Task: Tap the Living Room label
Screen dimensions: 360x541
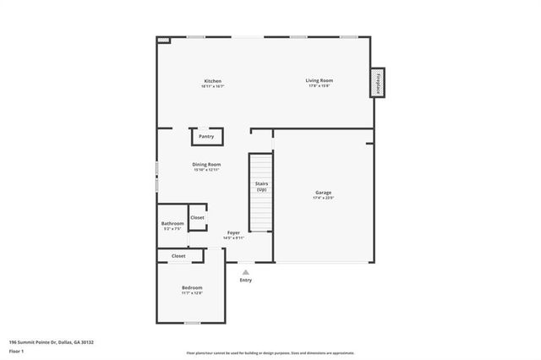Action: point(319,80)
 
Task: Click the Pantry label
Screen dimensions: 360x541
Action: point(206,136)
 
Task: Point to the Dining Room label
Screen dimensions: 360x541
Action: point(206,164)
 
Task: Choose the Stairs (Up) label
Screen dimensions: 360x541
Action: point(261,186)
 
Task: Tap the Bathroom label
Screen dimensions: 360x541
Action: point(172,223)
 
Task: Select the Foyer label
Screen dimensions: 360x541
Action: point(232,232)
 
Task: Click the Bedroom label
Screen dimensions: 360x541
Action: point(192,287)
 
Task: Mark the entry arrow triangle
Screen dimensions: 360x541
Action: point(246,272)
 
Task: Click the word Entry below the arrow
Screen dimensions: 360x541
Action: point(246,281)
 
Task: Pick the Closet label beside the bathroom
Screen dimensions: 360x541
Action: point(197,217)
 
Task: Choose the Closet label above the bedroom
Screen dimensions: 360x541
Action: point(178,255)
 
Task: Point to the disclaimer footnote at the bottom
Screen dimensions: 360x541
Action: point(270,352)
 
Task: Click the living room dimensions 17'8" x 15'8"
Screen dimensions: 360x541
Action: point(318,86)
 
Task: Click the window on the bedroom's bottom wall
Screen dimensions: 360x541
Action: point(192,323)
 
